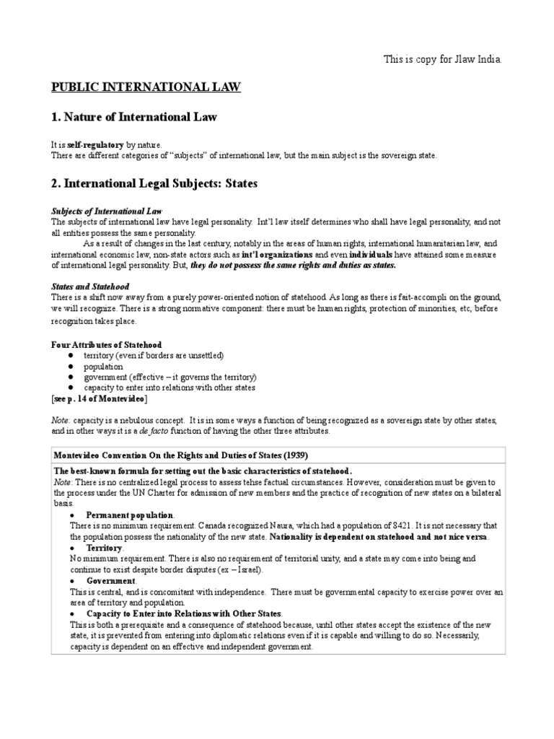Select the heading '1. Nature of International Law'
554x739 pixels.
coord(133,116)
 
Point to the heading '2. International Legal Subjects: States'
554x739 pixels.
coord(154,184)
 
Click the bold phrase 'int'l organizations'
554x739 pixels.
coord(277,255)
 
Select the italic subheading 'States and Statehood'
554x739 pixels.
coord(90,287)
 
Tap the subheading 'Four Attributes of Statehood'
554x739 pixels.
coord(106,344)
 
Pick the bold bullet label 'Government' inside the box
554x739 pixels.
coord(110,580)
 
